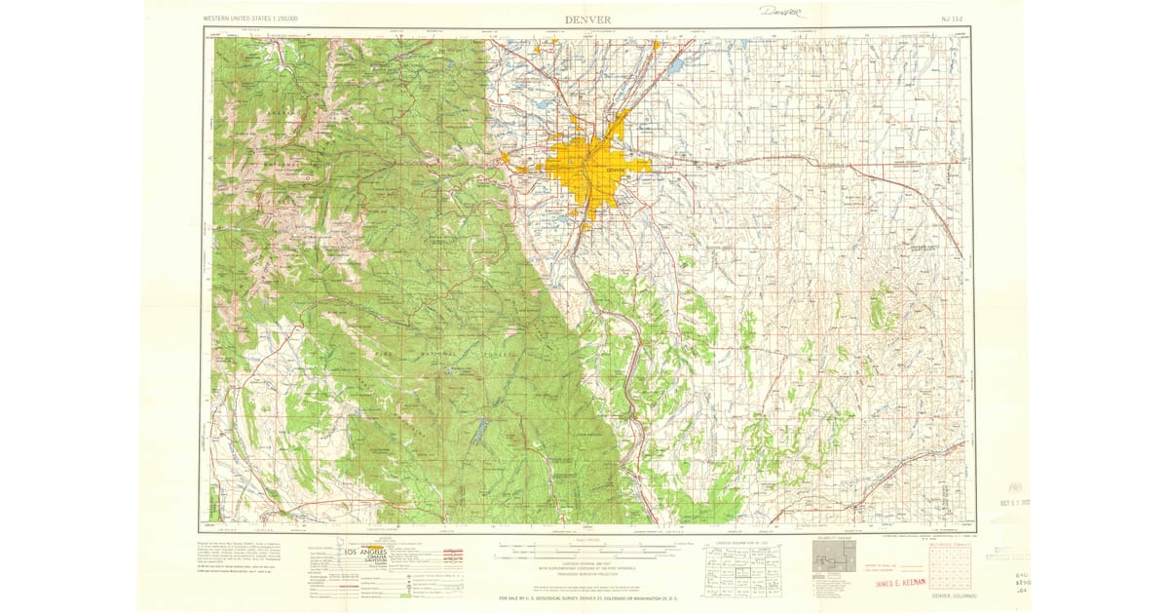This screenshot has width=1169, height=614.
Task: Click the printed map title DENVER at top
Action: (x=587, y=19)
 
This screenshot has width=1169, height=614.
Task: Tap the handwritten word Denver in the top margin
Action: (x=782, y=13)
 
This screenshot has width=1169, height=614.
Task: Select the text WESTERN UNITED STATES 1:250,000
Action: (x=251, y=19)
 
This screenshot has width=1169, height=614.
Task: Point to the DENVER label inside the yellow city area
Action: (x=615, y=170)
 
